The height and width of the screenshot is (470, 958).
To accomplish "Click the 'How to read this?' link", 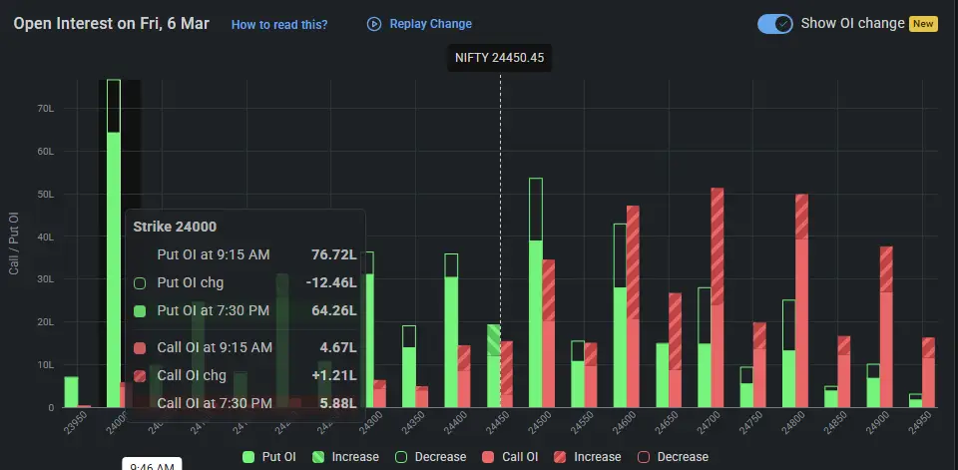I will tap(278, 24).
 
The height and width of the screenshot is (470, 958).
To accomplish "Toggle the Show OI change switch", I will tap(774, 24).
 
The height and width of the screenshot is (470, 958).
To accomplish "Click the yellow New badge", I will tap(922, 24).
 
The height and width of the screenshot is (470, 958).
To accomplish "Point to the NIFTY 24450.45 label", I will tap(500, 58).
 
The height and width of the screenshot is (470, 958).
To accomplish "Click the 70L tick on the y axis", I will tap(46, 108).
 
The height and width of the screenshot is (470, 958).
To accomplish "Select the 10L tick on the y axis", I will tap(46, 365).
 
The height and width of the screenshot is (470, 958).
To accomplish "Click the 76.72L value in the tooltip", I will tap(331, 255).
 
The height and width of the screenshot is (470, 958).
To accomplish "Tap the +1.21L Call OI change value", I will tap(332, 375).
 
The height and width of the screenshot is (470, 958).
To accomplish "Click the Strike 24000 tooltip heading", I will tap(175, 227).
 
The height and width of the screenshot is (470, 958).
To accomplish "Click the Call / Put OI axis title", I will tap(13, 243).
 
